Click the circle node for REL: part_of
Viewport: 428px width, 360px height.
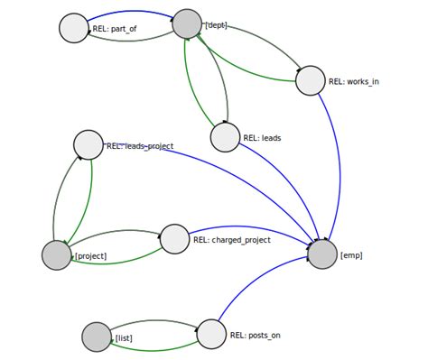pyautogui.click(x=74, y=27)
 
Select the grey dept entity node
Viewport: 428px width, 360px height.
pyautogui.click(x=187, y=23)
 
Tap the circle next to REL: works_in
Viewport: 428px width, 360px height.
pyautogui.click(x=310, y=80)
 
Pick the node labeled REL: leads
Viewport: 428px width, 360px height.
pyautogui.click(x=225, y=137)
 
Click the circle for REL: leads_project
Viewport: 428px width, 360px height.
pyautogui.click(x=88, y=144)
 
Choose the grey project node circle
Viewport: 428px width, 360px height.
pyautogui.click(x=56, y=255)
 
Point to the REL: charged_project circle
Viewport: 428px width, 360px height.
pyautogui.click(x=174, y=238)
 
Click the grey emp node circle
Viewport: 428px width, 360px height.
pyautogui.click(x=322, y=254)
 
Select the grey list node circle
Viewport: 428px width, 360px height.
pyautogui.click(x=97, y=337)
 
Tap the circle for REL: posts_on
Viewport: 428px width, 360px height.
pyautogui.click(x=211, y=334)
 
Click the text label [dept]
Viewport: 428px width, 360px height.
pyautogui.click(x=216, y=25)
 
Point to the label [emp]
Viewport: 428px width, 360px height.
pyautogui.click(x=351, y=255)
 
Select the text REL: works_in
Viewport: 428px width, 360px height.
pyautogui.click(x=354, y=81)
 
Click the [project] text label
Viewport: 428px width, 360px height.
pyautogui.click(x=90, y=256)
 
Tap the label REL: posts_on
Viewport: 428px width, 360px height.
pyautogui.click(x=255, y=336)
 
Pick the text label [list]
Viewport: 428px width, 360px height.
pyautogui.click(x=124, y=338)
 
